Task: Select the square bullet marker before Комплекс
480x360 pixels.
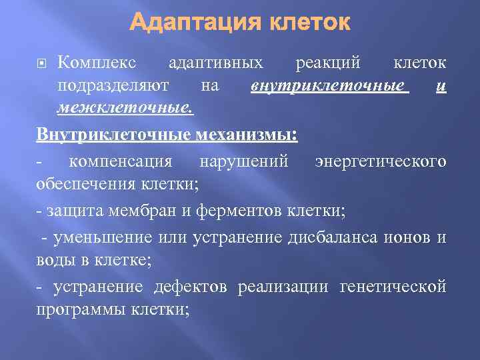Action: pos(41,63)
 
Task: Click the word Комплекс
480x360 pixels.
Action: pos(97,63)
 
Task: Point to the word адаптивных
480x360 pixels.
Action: pos(215,63)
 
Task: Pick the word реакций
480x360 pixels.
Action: pos(328,63)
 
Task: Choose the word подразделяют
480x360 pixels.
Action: pos(114,85)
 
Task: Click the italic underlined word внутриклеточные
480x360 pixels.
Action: pos(329,85)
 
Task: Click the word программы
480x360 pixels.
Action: pos(81,309)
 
